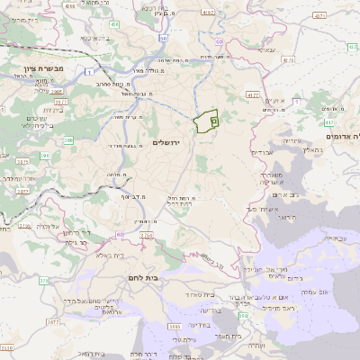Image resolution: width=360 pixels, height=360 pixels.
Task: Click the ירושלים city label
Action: click(168, 143)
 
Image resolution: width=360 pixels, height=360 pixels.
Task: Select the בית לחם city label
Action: click(142, 278)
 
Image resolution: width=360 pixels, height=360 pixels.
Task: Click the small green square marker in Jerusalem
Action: click(213, 119)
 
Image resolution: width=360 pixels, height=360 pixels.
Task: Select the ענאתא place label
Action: click(261, 50)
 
